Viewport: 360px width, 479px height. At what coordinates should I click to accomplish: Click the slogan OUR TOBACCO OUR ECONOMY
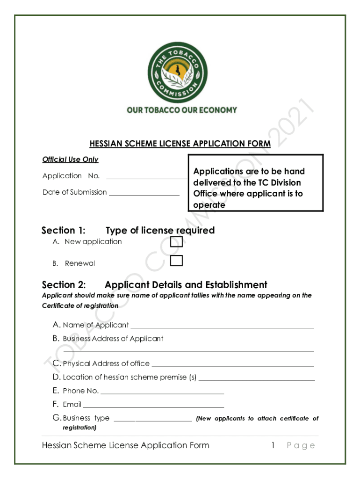click(x=182, y=110)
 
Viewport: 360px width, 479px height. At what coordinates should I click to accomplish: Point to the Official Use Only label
click(x=70, y=160)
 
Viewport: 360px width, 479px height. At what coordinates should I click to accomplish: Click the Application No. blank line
click(x=147, y=178)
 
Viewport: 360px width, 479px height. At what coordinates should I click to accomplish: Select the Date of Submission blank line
click(x=144, y=194)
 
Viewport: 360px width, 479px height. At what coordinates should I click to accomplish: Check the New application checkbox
click(x=176, y=242)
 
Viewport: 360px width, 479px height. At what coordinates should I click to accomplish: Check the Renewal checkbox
click(x=176, y=261)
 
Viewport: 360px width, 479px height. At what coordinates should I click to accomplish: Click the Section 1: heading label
click(x=64, y=230)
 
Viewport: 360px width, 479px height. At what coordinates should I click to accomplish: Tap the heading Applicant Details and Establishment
click(x=186, y=285)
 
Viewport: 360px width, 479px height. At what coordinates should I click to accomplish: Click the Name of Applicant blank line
click(x=222, y=327)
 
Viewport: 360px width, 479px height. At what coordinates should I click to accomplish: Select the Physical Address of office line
click(x=232, y=366)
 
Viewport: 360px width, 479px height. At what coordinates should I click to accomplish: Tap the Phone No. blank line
click(x=162, y=393)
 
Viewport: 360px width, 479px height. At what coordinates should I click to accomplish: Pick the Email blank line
click(x=153, y=406)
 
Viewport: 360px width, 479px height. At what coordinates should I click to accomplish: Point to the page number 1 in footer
click(x=273, y=445)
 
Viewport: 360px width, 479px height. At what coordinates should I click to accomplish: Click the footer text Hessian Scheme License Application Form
click(x=125, y=445)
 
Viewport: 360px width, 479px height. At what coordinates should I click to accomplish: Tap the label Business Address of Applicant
click(x=113, y=339)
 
